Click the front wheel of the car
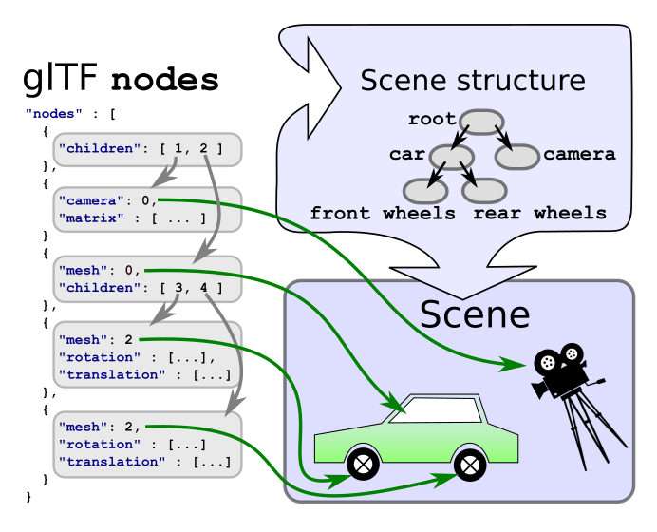[363, 464]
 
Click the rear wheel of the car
[470, 464]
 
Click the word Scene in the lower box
[475, 313]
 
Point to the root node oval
[482, 122]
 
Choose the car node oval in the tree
[452, 156]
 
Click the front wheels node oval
[424, 189]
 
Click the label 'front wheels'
[383, 214]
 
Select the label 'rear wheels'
[539, 214]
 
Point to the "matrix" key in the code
[84, 218]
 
